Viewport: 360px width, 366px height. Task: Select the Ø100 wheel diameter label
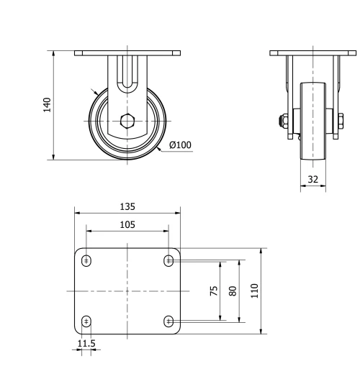pyautogui.click(x=180, y=145)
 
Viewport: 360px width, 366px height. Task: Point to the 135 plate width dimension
pyautogui.click(x=127, y=206)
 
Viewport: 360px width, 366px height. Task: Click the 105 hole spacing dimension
pyautogui.click(x=127, y=224)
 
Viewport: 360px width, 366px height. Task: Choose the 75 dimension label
pyautogui.click(x=214, y=290)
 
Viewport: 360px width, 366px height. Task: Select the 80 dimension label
pyautogui.click(x=232, y=290)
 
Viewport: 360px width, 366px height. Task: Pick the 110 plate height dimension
pyautogui.click(x=254, y=290)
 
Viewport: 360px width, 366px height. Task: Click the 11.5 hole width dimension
pyautogui.click(x=86, y=344)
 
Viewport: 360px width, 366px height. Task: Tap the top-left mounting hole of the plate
pyautogui.click(x=86, y=260)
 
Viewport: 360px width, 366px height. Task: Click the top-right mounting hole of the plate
pyautogui.click(x=169, y=260)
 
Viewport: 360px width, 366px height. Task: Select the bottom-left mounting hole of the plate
pyautogui.click(x=86, y=321)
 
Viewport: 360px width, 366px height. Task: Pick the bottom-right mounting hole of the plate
pyautogui.click(x=169, y=321)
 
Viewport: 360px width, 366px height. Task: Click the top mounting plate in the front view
pyautogui.click(x=127, y=53)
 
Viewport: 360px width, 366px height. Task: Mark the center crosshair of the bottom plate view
pyautogui.click(x=127, y=290)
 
